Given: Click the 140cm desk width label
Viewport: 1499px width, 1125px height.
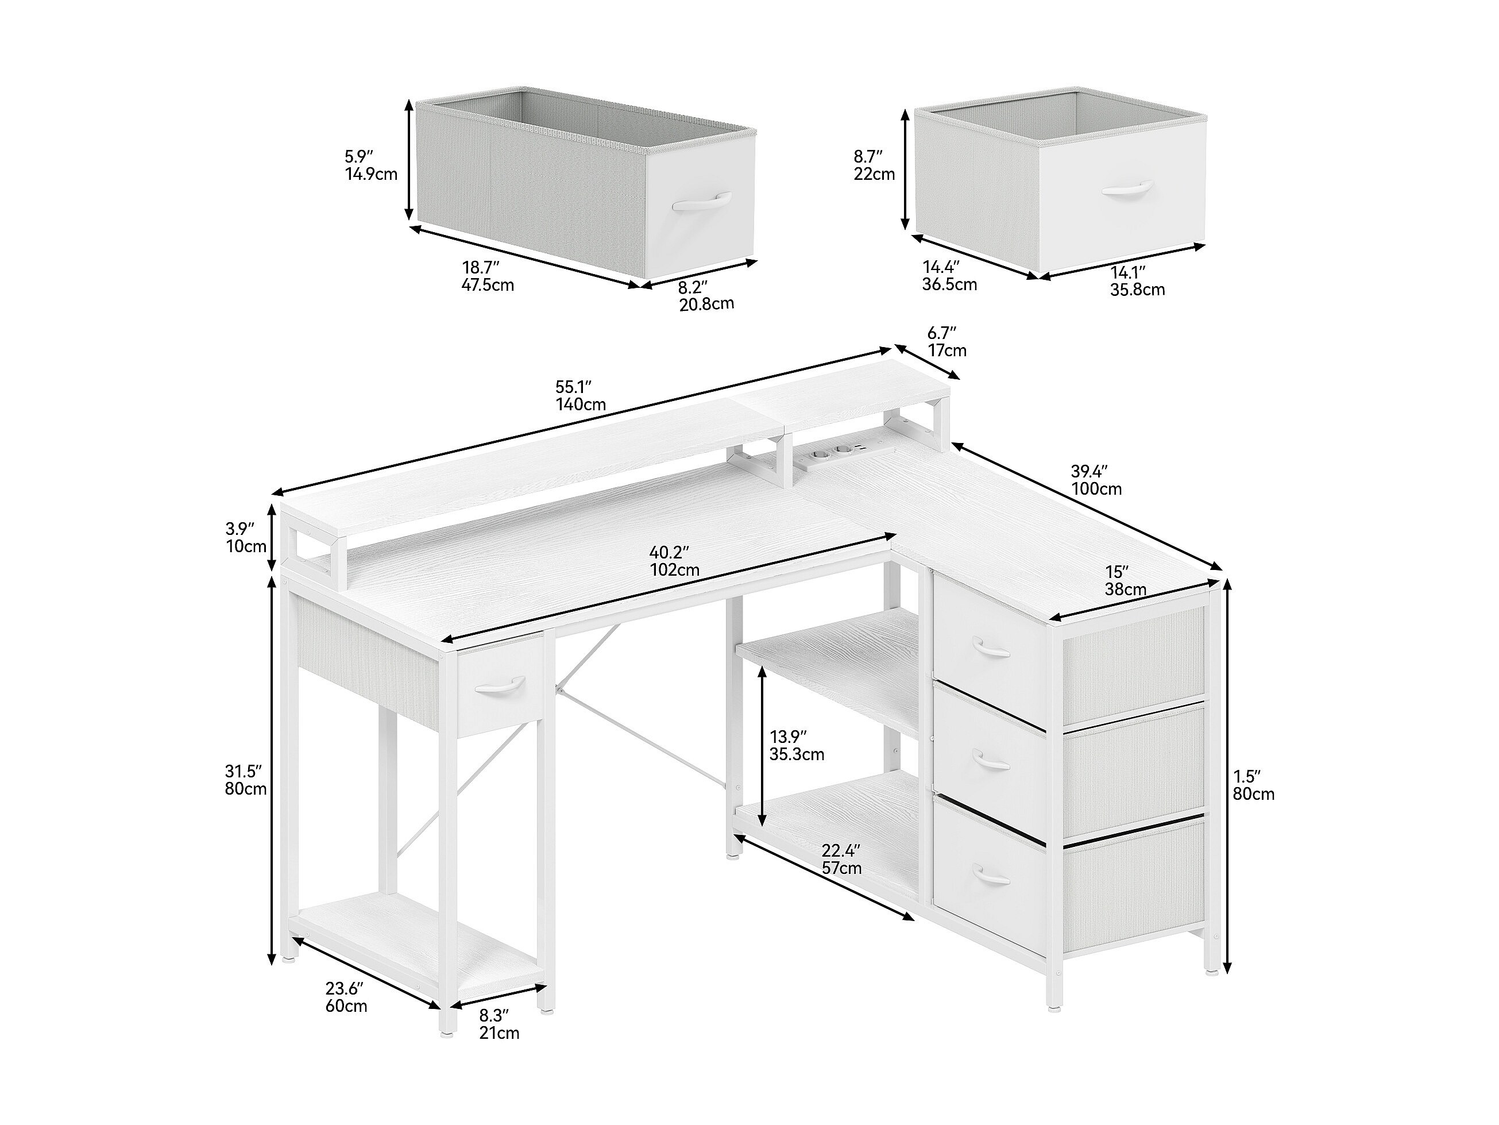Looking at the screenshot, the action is click(581, 405).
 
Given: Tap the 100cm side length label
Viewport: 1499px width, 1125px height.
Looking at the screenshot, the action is click(1096, 488).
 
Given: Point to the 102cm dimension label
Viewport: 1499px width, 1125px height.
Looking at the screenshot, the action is click(674, 569).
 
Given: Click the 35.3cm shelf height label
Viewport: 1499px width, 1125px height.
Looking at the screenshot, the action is click(797, 753).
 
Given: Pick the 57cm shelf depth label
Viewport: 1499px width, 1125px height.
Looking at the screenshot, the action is click(841, 868).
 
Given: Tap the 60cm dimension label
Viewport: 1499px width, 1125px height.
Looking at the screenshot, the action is click(346, 1005).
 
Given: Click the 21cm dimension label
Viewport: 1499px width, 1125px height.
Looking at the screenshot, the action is click(500, 1052).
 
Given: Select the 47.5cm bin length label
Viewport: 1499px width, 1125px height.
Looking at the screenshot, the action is click(488, 285).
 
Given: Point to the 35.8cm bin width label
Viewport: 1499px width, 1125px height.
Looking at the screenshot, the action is click(1138, 290).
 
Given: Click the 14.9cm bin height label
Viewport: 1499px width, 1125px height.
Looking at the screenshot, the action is click(372, 174).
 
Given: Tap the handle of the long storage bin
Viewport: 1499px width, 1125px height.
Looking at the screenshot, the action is click(702, 202).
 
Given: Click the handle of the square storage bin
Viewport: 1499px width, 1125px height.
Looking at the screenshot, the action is click(1127, 188).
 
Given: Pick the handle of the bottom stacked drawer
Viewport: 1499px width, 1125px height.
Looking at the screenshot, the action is click(991, 874).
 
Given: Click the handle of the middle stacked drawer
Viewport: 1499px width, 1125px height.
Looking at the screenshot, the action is click(991, 761).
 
